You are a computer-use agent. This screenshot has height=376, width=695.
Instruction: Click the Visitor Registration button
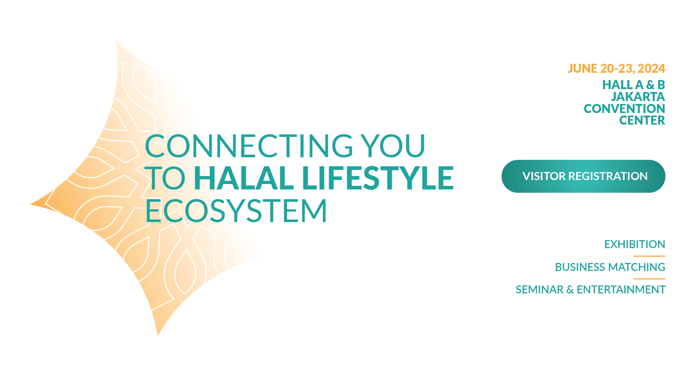583,176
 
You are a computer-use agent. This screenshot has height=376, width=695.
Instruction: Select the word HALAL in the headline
244,177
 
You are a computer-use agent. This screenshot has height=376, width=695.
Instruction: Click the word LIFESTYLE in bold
378,177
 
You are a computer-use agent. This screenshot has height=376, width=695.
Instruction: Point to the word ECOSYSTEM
236,210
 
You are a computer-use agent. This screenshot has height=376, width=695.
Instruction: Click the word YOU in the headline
394,146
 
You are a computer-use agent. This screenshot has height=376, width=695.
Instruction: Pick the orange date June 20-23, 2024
616,68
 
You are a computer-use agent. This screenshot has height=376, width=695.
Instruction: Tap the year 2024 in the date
651,68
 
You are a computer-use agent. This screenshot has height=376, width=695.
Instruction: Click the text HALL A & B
633,85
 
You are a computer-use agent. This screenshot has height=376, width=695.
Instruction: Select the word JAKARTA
638,97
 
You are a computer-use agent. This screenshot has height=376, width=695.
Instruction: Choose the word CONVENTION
624,109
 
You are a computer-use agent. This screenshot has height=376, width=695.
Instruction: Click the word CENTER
642,120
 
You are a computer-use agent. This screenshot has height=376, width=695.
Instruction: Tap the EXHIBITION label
635,244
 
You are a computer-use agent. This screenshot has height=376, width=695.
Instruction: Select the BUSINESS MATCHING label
610,267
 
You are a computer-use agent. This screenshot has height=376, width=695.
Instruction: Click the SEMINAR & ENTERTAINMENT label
590,289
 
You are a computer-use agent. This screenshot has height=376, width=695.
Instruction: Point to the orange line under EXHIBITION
649,256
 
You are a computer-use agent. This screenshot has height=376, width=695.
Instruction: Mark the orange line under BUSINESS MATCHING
649,279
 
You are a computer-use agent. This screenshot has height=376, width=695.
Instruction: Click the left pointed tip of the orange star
30,205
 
